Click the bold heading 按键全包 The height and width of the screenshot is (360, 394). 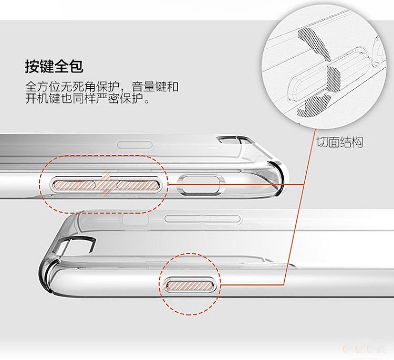point(54,67)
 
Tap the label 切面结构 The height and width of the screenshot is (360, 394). point(339,142)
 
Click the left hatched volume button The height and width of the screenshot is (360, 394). point(73,184)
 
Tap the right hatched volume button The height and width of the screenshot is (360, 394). point(137,184)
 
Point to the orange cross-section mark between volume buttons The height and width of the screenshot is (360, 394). point(105,183)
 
